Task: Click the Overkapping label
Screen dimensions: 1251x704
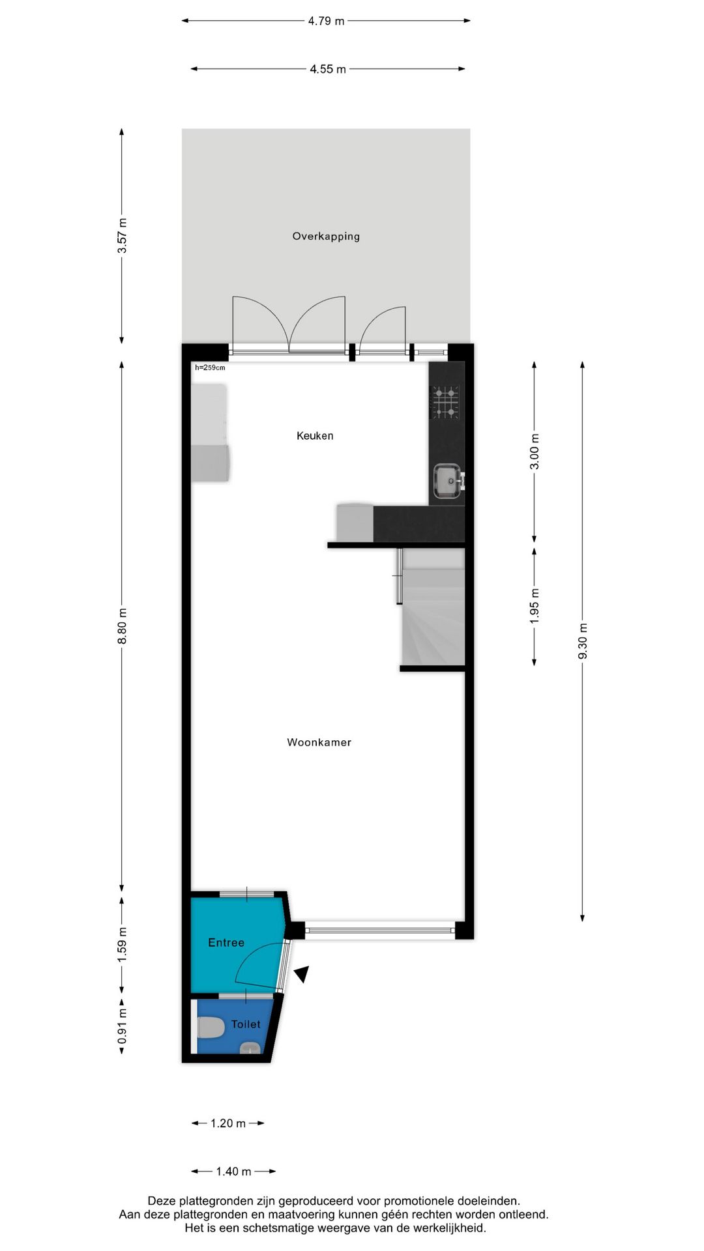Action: (326, 237)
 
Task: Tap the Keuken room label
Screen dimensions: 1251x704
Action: (315, 436)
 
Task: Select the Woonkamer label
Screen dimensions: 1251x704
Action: (319, 742)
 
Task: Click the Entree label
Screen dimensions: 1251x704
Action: (226, 943)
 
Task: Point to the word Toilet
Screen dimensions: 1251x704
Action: (246, 1024)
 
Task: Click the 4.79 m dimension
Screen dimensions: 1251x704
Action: (326, 21)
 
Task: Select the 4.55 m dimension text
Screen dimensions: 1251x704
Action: (328, 69)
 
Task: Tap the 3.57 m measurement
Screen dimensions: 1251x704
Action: (122, 236)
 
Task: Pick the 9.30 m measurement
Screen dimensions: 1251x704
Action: (583, 641)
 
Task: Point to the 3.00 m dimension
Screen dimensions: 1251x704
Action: (535, 452)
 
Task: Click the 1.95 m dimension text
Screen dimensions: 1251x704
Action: (535, 606)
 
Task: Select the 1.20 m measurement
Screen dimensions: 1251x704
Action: (228, 1123)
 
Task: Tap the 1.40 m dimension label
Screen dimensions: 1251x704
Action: (233, 1172)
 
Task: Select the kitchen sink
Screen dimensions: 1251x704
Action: (448, 481)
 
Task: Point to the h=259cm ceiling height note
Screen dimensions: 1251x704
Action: (210, 367)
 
